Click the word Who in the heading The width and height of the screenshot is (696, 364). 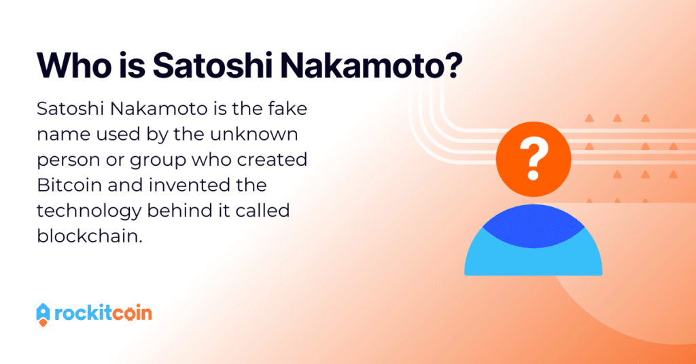click(75, 66)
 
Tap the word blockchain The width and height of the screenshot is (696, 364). click(90, 236)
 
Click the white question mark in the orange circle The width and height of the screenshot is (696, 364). click(534, 158)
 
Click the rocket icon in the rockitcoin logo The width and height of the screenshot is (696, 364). click(43, 315)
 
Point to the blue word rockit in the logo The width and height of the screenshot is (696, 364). click(82, 314)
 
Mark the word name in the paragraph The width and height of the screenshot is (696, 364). click(57, 134)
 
